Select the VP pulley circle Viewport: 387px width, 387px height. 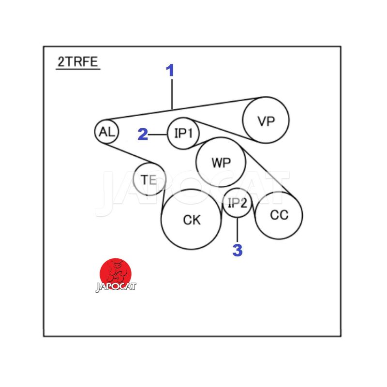pos(266,120)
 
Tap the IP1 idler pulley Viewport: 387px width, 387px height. pos(183,133)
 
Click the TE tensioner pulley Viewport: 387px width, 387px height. pos(149,179)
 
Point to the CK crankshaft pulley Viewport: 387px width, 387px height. pos(192,219)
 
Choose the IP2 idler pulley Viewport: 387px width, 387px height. pos(238,203)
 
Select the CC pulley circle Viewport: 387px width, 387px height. pos(279,215)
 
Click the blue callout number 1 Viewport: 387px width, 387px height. pos(170,71)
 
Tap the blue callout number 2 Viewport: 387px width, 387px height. pos(142,134)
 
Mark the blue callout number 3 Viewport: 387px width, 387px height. pos(238,251)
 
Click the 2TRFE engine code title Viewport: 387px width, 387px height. pos(78,61)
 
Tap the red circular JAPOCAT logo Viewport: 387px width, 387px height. pos(116,273)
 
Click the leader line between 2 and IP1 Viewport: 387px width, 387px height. pos(158,134)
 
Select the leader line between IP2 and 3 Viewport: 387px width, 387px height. pos(238,230)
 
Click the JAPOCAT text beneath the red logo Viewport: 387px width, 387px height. pos(116,286)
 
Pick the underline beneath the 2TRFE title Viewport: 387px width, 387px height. pos(78,70)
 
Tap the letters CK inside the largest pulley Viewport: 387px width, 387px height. pos(192,220)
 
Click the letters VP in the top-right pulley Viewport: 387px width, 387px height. pos(266,121)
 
